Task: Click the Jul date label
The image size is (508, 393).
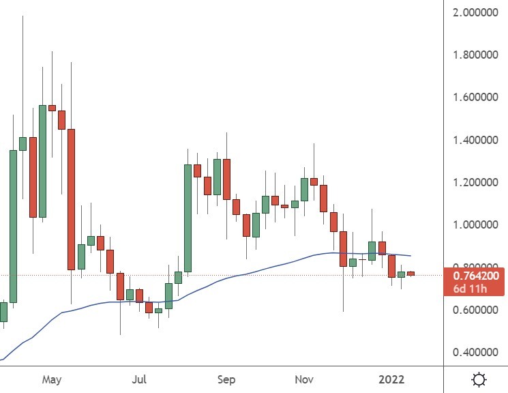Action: coord(140,379)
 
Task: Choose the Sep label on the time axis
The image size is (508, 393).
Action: coord(226,379)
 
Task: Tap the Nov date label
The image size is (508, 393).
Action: coord(305,379)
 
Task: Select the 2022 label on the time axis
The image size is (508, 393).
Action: coord(393,379)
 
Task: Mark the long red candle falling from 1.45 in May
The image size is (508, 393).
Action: coord(71,199)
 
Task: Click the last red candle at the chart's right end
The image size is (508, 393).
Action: coord(411,274)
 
